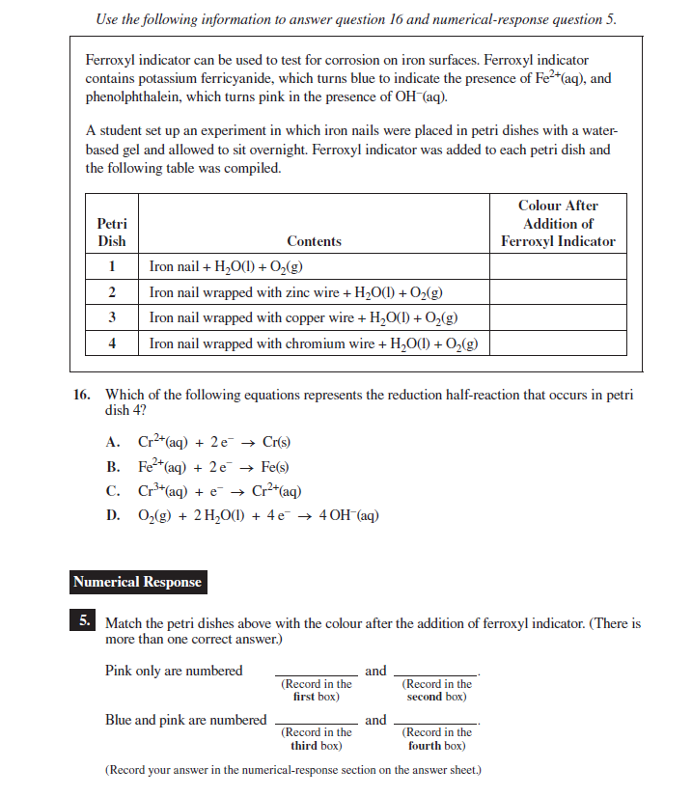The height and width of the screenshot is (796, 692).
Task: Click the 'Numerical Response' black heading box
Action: coord(137,582)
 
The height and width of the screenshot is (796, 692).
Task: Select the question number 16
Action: coord(83,395)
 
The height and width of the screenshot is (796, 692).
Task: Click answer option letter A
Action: coord(113,443)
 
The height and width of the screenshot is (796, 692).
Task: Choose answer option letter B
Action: coord(113,467)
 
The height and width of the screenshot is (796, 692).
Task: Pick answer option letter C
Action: coord(113,491)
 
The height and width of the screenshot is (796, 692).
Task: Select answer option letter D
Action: coord(113,515)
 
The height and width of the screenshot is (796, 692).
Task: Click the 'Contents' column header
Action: coord(314,241)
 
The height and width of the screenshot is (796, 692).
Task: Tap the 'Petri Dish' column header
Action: coord(112,233)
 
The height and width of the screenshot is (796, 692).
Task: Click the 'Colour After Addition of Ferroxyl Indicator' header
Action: coord(558,224)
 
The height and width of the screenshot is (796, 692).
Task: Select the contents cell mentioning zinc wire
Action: coord(296,292)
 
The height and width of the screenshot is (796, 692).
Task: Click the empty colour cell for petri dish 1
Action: coord(558,267)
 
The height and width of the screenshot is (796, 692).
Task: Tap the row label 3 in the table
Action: coord(112,317)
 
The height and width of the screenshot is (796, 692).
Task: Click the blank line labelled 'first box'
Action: coord(317,673)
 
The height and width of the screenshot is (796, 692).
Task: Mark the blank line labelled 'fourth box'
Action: coord(437,724)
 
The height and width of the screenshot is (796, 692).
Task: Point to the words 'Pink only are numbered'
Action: coord(174,671)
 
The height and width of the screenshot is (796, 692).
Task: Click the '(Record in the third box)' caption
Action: coord(317,739)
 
